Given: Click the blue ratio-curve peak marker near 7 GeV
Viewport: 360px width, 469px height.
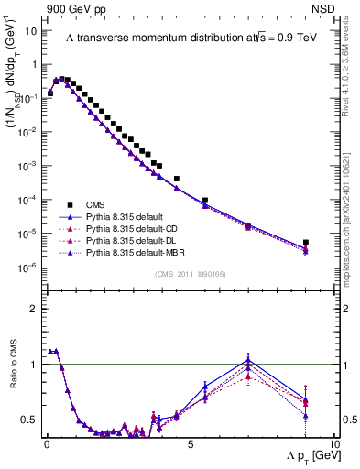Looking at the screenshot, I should (248, 358).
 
